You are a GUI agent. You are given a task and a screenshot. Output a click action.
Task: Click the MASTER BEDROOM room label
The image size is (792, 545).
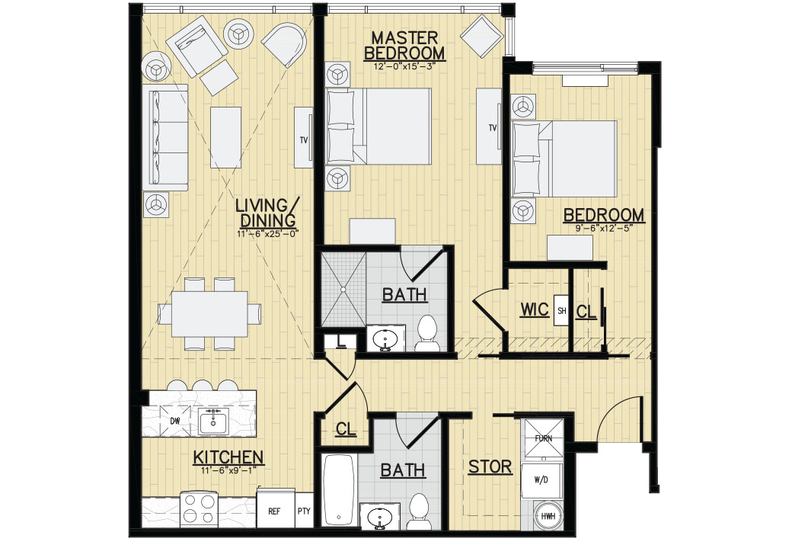point(404,45)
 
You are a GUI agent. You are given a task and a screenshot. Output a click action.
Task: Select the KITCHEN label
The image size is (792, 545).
point(228,457)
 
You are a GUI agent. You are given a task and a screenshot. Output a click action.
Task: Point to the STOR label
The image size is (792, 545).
point(490,467)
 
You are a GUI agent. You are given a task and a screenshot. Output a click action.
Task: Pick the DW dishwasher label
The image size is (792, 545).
point(174,421)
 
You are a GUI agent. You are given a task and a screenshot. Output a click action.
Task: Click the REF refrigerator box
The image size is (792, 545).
point(275,511)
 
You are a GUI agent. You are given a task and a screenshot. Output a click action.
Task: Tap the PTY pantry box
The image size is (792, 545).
point(304,511)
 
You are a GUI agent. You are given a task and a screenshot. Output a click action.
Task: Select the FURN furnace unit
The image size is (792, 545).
point(543,439)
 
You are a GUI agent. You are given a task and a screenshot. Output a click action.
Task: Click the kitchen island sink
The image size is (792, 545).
point(213,420)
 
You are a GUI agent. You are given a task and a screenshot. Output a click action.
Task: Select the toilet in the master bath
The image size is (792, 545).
point(426,333)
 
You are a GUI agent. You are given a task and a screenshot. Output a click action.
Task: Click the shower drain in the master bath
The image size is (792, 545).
point(345,289)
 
